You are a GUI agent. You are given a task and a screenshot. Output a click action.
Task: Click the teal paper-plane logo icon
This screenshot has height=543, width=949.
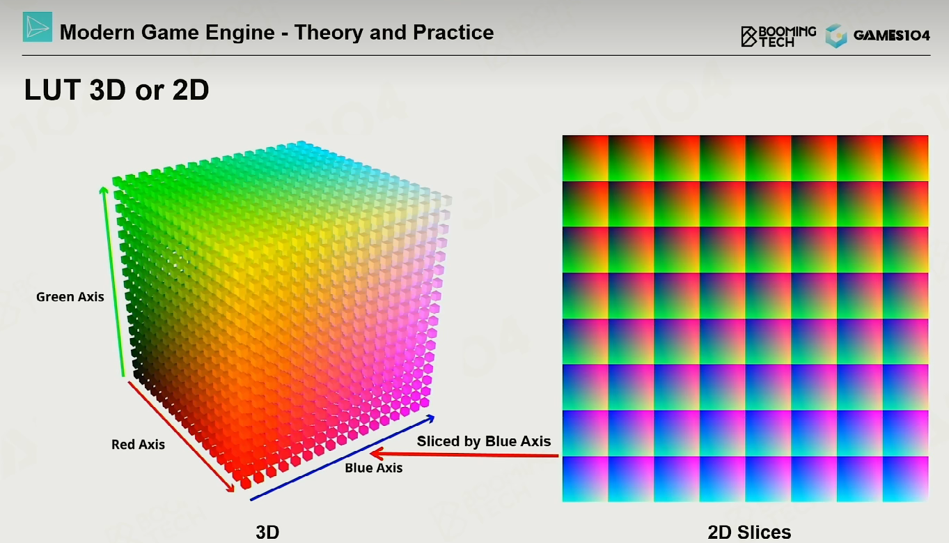pos(38,26)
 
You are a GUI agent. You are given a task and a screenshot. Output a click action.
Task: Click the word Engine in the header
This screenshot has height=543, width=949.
pos(240,33)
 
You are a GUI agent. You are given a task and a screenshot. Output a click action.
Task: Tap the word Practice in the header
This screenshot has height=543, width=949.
pos(453,32)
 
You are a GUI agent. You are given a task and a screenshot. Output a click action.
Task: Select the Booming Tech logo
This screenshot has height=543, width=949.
pos(778,36)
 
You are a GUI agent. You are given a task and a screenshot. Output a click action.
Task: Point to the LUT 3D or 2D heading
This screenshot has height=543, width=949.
pos(116,89)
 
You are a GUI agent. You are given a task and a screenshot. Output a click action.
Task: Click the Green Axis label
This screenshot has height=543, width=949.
pos(70,296)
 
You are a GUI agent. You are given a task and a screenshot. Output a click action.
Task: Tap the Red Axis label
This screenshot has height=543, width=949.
pos(138,444)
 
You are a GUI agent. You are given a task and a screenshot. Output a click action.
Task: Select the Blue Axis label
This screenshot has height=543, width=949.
pos(374,468)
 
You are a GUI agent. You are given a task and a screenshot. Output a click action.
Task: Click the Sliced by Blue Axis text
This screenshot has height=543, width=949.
pos(484,441)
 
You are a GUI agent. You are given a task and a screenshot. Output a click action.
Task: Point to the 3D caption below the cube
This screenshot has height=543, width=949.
pos(267,532)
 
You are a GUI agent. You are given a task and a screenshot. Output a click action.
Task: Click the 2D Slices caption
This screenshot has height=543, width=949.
pos(749,532)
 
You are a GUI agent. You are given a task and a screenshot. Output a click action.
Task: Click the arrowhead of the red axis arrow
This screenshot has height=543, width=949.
pos(231,489)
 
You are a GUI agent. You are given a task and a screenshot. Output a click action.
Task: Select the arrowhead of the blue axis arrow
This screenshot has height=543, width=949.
pos(430,419)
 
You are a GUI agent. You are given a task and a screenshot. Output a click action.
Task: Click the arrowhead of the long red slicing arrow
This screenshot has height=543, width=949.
pos(376,454)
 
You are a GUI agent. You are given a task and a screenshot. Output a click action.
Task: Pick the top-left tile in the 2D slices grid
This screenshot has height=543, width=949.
pos(585,158)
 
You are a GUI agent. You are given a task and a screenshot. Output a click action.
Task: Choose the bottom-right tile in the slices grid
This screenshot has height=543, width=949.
pos(905,479)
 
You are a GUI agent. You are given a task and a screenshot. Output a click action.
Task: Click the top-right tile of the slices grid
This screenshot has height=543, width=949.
pos(905,158)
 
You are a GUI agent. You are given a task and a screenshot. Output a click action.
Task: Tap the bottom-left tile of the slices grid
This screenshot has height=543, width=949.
pos(585,479)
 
